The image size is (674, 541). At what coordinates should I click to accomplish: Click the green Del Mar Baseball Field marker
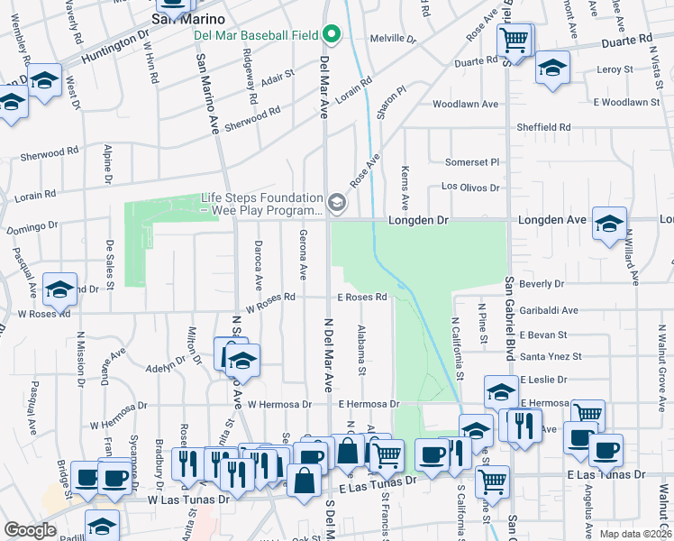pos(332,36)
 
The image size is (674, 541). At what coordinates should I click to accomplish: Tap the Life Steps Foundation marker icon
pos(337,204)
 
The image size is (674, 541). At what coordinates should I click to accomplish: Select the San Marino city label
pos(187,19)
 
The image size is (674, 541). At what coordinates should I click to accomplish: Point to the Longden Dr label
pos(419,220)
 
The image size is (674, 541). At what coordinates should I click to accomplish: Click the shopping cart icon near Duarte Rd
pos(514,40)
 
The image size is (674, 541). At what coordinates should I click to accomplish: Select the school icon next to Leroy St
pos(552,69)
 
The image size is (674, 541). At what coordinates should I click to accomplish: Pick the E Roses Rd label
pos(362,297)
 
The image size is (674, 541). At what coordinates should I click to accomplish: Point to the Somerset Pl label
pos(472,162)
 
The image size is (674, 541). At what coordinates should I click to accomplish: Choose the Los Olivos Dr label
pos(469,188)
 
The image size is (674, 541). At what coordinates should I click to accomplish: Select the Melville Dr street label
pos(394,40)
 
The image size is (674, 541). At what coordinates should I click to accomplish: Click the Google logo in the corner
pos(30,530)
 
